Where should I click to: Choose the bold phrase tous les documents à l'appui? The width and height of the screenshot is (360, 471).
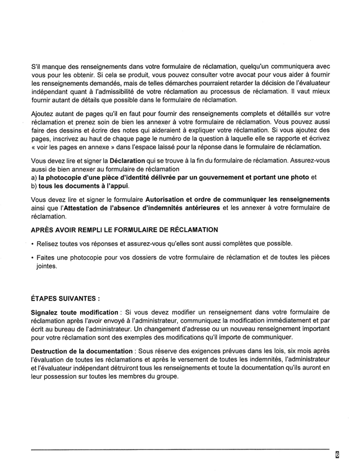[x=84, y=185]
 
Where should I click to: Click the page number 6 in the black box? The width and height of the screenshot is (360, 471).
[x=337, y=455]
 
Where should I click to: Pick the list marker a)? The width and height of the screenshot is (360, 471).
[x=34, y=177]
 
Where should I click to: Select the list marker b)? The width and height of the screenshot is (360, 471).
[x=34, y=185]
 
